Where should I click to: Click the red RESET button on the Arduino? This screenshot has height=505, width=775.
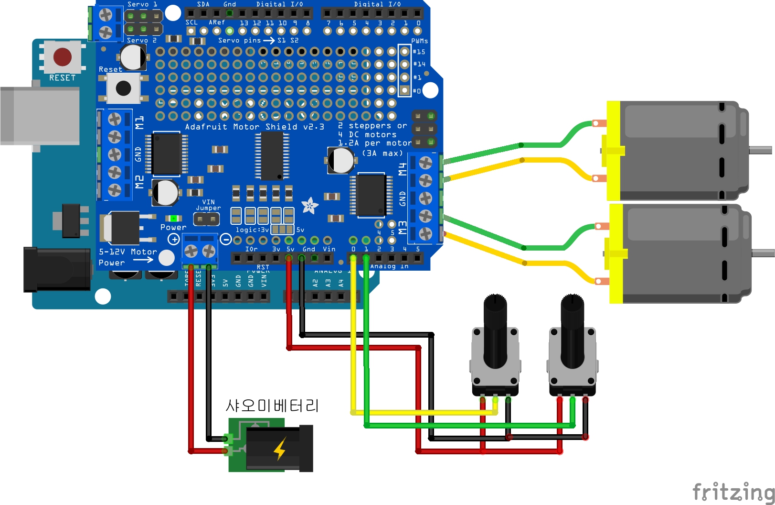tap(63, 56)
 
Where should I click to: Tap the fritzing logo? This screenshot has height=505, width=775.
tap(733, 491)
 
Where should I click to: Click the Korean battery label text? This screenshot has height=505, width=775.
tap(272, 406)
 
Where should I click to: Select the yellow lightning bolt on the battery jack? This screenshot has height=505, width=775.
tap(280, 449)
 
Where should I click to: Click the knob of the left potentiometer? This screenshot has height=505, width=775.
tap(495, 330)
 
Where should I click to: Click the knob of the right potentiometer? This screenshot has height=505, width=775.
tap(573, 330)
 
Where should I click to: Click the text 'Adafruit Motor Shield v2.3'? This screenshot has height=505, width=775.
tap(255, 127)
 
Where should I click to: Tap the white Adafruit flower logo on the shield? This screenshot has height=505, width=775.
tap(309, 206)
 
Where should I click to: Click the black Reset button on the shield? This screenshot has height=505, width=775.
tap(123, 88)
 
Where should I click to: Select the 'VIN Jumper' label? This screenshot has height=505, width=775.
tap(208, 205)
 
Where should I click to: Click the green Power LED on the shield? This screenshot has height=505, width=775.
tap(173, 219)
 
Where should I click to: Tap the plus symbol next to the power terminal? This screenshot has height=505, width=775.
tap(174, 239)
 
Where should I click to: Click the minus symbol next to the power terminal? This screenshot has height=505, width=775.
tap(226, 239)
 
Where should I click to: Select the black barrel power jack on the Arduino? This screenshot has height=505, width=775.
tap(57, 269)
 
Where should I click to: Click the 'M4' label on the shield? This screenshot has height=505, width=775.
tap(403, 169)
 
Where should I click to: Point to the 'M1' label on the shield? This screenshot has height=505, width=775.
tap(139, 122)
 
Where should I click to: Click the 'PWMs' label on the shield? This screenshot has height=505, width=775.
tap(419, 41)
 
